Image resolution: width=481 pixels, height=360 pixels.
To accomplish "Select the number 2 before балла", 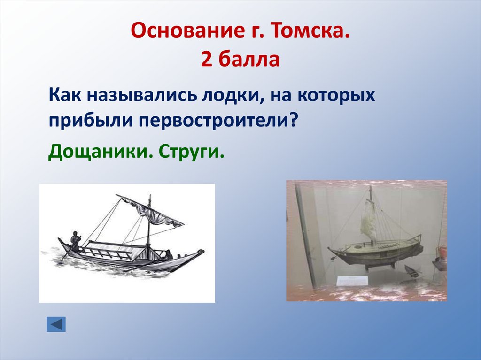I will click(206, 60).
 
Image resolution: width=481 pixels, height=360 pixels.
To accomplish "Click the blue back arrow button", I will click(56, 324).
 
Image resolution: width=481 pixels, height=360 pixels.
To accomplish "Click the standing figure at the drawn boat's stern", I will click(75, 240).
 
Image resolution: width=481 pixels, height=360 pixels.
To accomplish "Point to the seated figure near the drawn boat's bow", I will click(167, 255).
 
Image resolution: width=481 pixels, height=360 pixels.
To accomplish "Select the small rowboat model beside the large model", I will click(412, 271).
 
